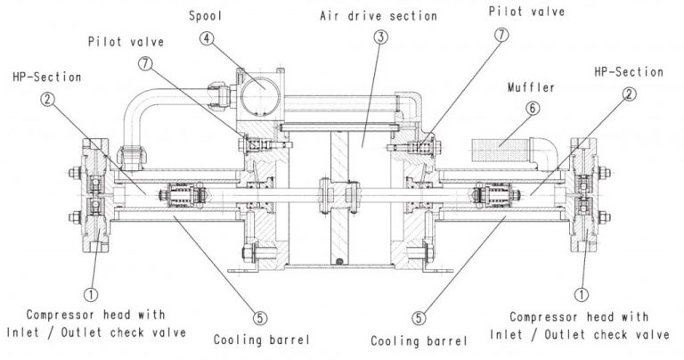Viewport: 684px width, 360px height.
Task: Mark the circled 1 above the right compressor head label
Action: (582, 291)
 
